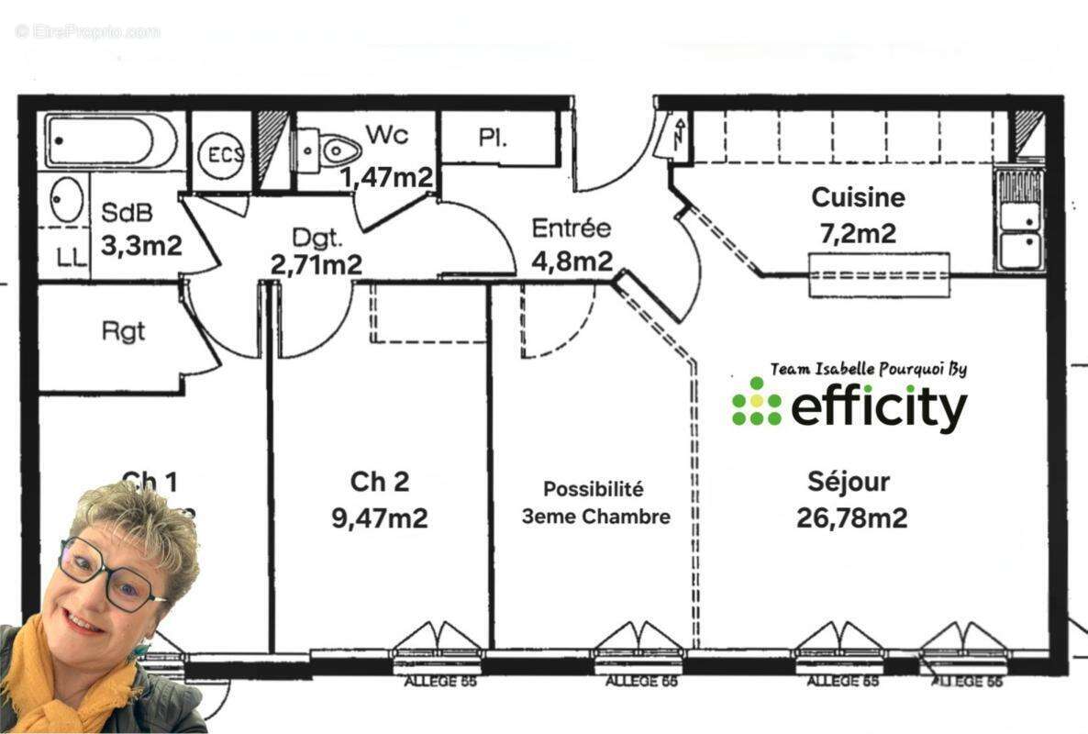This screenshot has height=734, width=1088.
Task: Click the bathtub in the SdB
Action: click(112, 140)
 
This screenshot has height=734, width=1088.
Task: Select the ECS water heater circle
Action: click(220, 153)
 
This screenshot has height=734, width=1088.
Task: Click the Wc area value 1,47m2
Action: click(386, 176)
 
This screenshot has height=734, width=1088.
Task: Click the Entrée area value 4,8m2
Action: click(572, 261)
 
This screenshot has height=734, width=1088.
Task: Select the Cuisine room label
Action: click(858, 197)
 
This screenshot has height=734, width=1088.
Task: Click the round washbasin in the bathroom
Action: click(66, 201)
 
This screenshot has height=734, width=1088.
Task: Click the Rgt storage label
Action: click(124, 330)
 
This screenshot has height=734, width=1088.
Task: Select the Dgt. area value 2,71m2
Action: click(316, 265)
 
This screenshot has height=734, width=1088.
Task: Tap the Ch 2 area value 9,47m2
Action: click(379, 517)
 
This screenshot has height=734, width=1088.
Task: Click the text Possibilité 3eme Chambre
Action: click(595, 503)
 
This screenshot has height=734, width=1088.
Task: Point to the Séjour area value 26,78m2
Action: click(852, 518)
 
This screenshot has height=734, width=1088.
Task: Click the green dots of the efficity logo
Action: click(757, 401)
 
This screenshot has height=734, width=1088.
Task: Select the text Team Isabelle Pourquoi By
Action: click(868, 369)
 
